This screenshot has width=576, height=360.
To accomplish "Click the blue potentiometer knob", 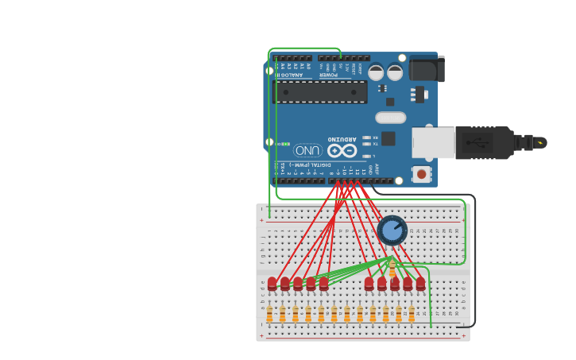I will click(392, 230).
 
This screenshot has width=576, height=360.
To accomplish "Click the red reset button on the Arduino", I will click(420, 173).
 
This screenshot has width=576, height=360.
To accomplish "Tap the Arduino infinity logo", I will click(342, 150).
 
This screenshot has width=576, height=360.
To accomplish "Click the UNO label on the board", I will click(307, 150).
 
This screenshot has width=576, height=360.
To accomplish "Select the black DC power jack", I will click(427, 69).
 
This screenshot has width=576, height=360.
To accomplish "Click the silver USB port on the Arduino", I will click(433, 143).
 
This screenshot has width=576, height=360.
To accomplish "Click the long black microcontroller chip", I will click(320, 92).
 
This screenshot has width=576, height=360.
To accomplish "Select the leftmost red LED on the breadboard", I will click(272, 283).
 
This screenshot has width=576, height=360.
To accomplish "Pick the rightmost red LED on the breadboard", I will click(420, 283).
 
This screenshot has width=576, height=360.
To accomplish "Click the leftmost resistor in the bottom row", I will click(269, 315).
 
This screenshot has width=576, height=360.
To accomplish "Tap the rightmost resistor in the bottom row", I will click(412, 315).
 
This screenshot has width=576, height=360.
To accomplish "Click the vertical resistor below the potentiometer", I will click(392, 268).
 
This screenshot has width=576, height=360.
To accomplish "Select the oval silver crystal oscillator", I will click(390, 118).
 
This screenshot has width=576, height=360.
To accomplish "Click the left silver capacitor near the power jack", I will click(376, 72).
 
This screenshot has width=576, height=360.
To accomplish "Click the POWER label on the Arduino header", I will click(328, 75).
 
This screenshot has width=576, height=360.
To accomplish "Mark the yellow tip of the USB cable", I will click(540, 143).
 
